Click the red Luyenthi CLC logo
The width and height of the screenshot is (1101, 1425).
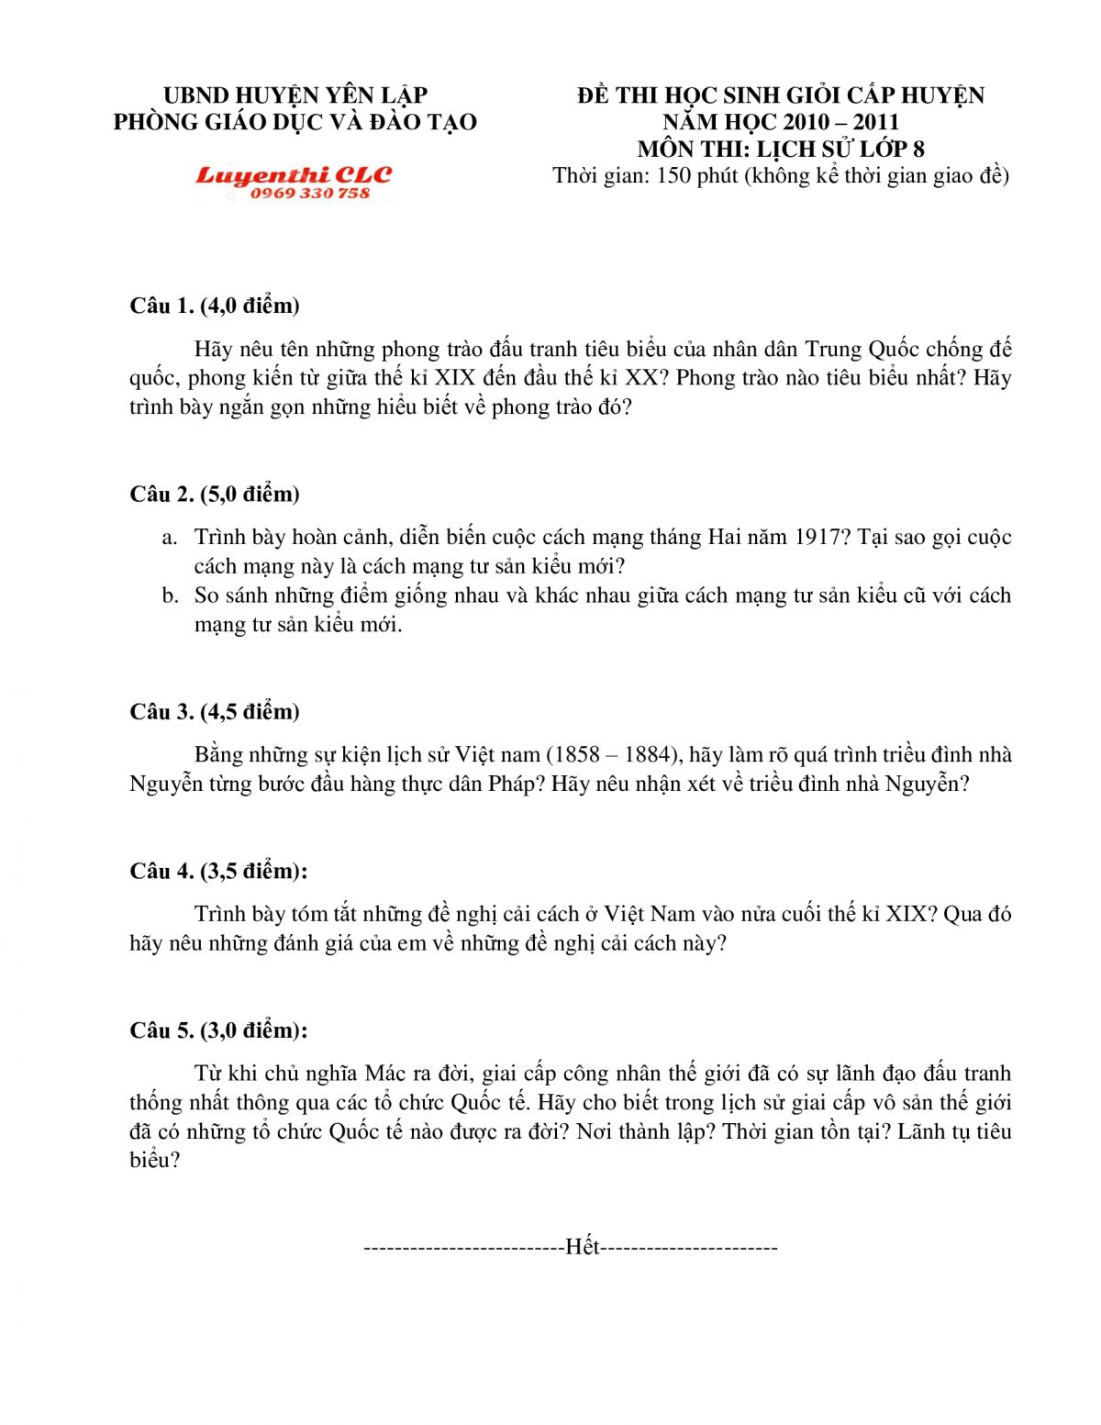[294, 174]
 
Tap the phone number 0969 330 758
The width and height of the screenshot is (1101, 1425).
[310, 194]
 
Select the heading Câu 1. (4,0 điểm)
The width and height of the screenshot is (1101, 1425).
[215, 306]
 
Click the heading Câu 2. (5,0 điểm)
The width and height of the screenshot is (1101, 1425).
[215, 494]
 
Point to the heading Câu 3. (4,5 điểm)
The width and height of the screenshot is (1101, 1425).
[215, 711]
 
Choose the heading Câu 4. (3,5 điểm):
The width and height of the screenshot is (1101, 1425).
[218, 871]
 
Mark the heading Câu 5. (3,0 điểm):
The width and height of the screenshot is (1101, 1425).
[218, 1030]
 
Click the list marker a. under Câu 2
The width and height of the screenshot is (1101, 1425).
[169, 537]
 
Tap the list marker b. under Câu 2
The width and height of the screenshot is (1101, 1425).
[170, 596]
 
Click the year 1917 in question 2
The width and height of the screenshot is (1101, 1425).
[817, 537]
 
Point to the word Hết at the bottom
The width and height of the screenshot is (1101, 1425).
[583, 1246]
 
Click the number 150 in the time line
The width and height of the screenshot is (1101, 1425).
[674, 175]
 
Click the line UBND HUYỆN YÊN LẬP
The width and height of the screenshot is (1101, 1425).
[295, 95]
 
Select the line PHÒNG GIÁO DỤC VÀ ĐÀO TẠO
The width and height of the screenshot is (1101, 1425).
[295, 122]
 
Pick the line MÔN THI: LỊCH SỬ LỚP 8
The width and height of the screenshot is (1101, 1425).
[781, 149]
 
